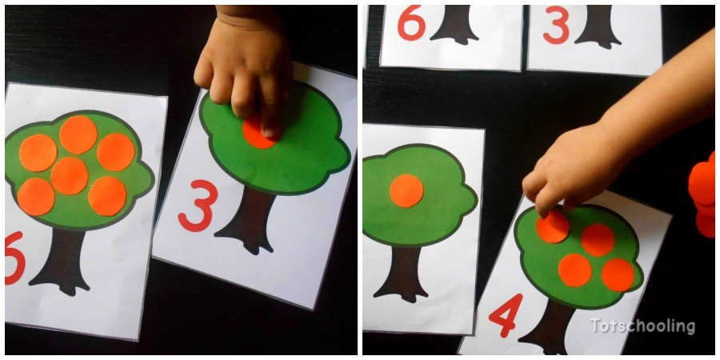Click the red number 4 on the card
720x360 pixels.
click(506, 315)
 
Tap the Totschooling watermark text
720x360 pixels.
click(642, 326)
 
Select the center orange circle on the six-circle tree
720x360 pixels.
click(70, 175)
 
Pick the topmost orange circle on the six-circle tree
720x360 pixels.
click(78, 134)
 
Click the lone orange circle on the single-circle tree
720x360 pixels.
click(406, 190)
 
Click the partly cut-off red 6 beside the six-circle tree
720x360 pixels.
click(14, 258)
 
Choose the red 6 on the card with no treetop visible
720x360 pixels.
click(410, 24)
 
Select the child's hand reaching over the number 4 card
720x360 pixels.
click(584, 160)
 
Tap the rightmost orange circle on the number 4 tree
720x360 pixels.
click(618, 274)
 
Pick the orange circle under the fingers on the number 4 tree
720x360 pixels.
click(553, 227)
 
